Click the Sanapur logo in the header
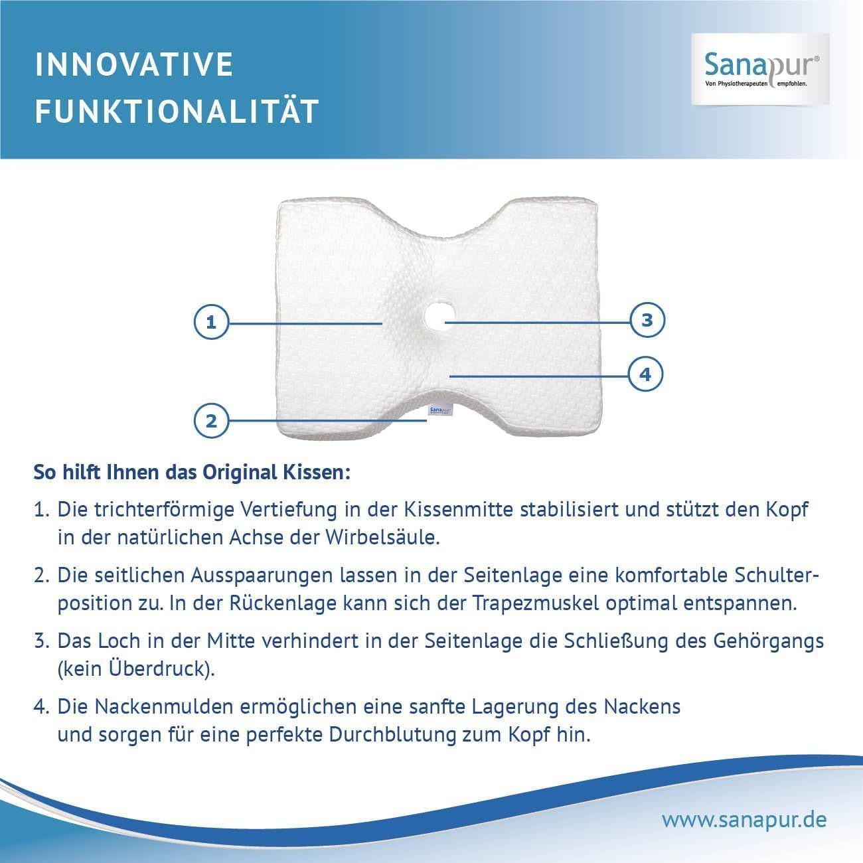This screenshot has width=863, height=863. pos(761,69)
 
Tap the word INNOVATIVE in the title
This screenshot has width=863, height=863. pos(134,64)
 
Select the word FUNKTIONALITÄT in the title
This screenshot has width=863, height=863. pos(177,112)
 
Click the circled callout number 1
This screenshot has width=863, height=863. pos(211,323)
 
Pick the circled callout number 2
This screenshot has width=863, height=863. pos(211,421)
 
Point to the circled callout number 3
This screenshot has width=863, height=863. pos(647,321)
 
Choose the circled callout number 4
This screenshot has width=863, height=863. pos(645,374)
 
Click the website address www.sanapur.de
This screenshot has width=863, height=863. pos(744,819)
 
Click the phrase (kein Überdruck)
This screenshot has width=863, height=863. pos(137,668)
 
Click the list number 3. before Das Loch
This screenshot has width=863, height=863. pos(41,641)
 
